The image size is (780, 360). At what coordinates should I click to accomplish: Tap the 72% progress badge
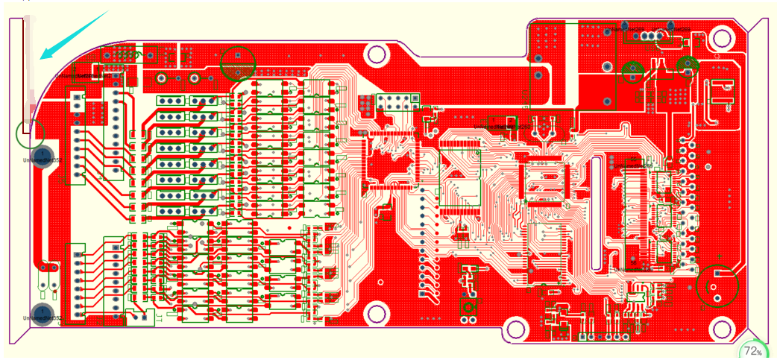click(x=753, y=351)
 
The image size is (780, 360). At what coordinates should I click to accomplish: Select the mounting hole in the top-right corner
click(x=721, y=38)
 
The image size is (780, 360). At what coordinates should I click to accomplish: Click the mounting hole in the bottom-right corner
click(x=722, y=328)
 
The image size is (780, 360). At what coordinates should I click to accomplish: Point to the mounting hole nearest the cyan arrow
click(x=377, y=54)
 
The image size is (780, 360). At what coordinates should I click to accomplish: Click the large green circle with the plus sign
click(x=718, y=285)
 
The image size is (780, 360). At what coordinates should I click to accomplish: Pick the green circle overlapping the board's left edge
click(x=30, y=134)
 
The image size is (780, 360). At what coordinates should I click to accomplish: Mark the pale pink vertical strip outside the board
click(x=30, y=67)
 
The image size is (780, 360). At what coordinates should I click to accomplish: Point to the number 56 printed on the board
click(x=633, y=262)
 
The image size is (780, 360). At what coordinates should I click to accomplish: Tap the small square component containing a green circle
click(x=469, y=306)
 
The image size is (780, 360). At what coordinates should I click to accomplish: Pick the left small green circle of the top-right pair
click(x=633, y=71)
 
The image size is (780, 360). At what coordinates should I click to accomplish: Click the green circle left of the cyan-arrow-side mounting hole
click(x=239, y=63)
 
